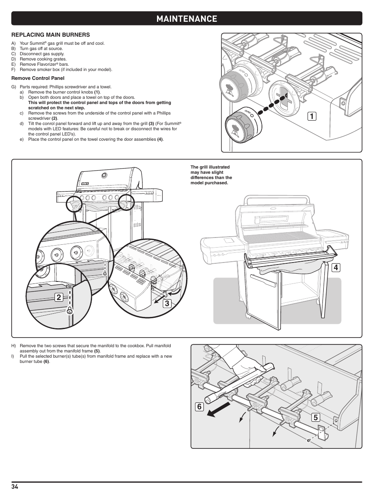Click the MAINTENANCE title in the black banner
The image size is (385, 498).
pyautogui.click(x=186, y=19)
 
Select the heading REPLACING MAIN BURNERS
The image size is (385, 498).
pyautogui.click(x=50, y=35)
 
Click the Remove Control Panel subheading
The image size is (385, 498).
pyautogui.click(x=38, y=78)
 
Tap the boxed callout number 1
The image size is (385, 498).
pyautogui.click(x=311, y=116)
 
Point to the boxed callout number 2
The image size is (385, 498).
pyautogui.click(x=59, y=298)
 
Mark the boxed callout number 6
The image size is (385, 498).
pyautogui.click(x=199, y=406)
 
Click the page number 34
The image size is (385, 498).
pyautogui.click(x=15, y=487)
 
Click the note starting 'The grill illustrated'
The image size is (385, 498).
pyautogui.click(x=211, y=175)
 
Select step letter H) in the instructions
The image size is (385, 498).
pyautogui.click(x=14, y=346)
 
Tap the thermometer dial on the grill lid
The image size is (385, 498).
pyautogui.click(x=105, y=175)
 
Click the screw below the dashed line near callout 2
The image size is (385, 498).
pyautogui.click(x=70, y=311)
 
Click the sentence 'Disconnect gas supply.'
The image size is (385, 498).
pyautogui.click(x=42, y=54)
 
